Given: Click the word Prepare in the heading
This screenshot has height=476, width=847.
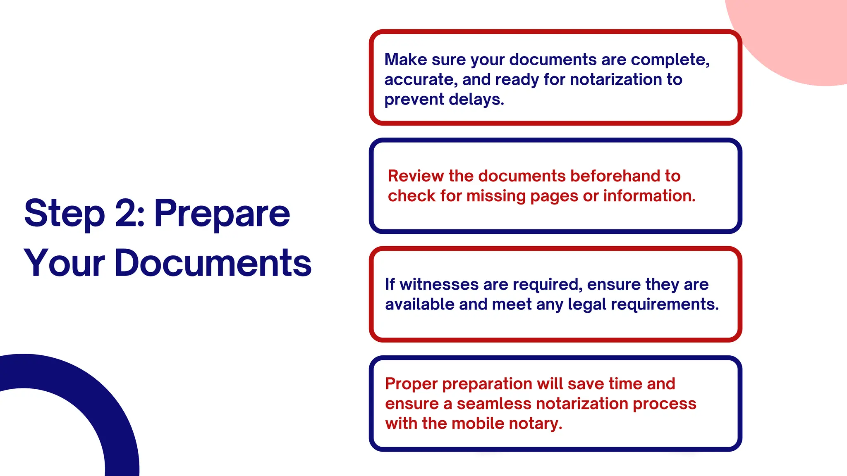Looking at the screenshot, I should (x=222, y=214).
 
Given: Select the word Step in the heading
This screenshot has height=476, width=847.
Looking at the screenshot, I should (x=64, y=214).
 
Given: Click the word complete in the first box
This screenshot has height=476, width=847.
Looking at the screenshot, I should (x=670, y=60).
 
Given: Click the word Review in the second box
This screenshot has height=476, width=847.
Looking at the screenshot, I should (x=415, y=176).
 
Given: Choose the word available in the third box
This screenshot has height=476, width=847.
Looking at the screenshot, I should (x=419, y=305).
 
